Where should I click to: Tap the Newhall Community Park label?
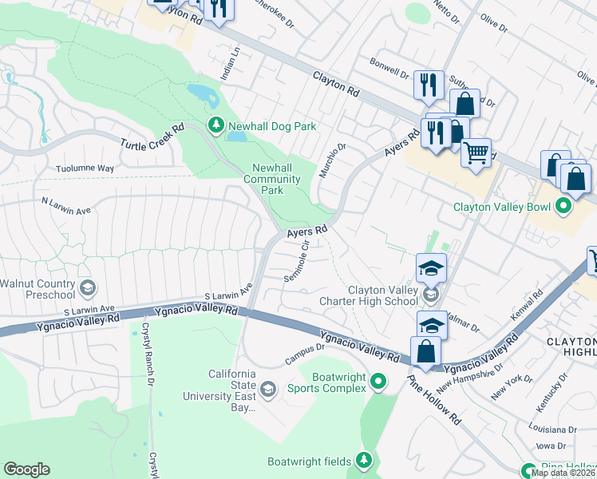[x=275, y=179]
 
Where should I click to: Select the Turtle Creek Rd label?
[x=152, y=136]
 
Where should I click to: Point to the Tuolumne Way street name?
[x=85, y=168]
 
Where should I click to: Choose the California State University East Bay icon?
[x=268, y=390]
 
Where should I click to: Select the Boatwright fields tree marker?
[x=364, y=460]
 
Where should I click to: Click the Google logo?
[x=26, y=469]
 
